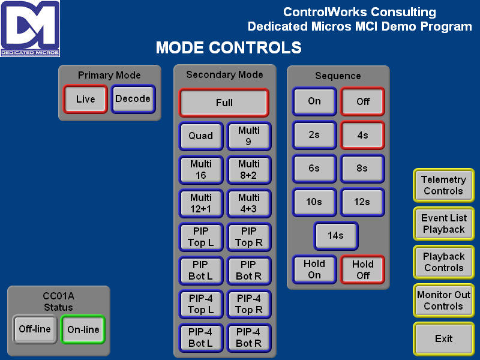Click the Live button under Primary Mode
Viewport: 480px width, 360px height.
pyautogui.click(x=85, y=99)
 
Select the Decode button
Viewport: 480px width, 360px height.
pyautogui.click(x=133, y=99)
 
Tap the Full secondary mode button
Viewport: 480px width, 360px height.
pyautogui.click(x=224, y=103)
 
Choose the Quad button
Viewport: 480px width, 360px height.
pyautogui.click(x=201, y=136)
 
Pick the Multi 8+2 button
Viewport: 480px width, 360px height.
pyautogui.click(x=249, y=170)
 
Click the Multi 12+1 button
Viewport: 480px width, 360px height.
pyautogui.click(x=201, y=203)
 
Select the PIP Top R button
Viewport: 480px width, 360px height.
pyautogui.click(x=249, y=237)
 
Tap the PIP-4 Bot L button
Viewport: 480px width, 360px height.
pyautogui.click(x=201, y=338)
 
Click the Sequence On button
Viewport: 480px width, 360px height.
pyautogui.click(x=314, y=101)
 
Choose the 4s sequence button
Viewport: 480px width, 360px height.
pyautogui.click(x=362, y=135)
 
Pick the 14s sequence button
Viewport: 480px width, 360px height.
pyautogui.click(x=336, y=235)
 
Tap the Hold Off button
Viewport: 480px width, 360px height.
pyautogui.click(x=362, y=269)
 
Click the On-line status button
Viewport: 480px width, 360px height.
pyautogui.click(x=83, y=329)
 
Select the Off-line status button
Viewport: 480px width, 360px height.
pyautogui.click(x=35, y=329)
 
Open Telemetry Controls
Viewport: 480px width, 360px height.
pyautogui.click(x=443, y=185)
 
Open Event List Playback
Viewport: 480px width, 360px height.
pyautogui.click(x=443, y=224)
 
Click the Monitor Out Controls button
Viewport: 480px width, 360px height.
pyautogui.click(x=443, y=301)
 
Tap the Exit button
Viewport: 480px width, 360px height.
pyautogui.click(x=443, y=338)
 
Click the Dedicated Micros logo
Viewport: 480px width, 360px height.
pyautogui.click(x=30, y=28)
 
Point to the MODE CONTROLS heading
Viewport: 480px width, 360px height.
pyautogui.click(x=229, y=48)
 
